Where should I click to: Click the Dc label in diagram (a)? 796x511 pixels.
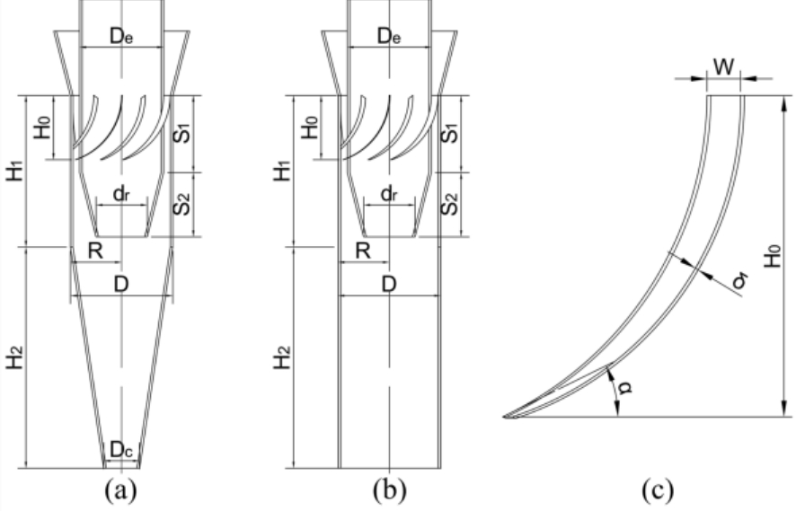click(x=122, y=450)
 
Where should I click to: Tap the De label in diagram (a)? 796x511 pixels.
click(x=121, y=37)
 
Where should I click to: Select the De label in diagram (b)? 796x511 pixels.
click(x=389, y=37)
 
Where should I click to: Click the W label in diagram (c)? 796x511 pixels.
click(x=724, y=67)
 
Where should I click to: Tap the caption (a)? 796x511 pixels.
click(x=120, y=490)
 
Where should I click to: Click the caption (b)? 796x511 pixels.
click(x=389, y=490)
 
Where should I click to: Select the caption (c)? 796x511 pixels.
click(x=658, y=490)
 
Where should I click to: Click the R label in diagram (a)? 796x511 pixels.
click(x=95, y=251)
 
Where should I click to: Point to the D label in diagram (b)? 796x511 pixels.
click(x=388, y=285)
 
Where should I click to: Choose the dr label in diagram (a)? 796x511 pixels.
click(x=121, y=193)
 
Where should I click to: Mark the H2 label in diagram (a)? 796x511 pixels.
click(x=15, y=357)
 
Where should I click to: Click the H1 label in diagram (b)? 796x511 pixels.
click(x=283, y=171)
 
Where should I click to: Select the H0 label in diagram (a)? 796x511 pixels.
click(x=42, y=128)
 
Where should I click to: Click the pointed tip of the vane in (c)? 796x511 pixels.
click(x=504, y=417)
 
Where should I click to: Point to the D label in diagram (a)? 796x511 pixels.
click(x=120, y=285)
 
